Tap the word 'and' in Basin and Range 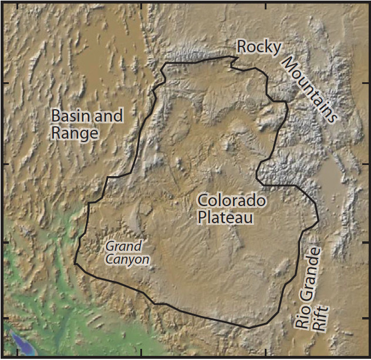pyautogui.click(x=108, y=116)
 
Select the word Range pyautogui.click(x=74, y=133)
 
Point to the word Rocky pyautogui.click(x=258, y=48)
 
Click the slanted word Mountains pyautogui.click(x=310, y=89)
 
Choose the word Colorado pyautogui.click(x=231, y=201)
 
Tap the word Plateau pyautogui.click(x=225, y=218)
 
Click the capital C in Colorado pyautogui.click(x=203, y=201)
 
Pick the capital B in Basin pyautogui.click(x=56, y=116)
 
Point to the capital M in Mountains pyautogui.click(x=287, y=64)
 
